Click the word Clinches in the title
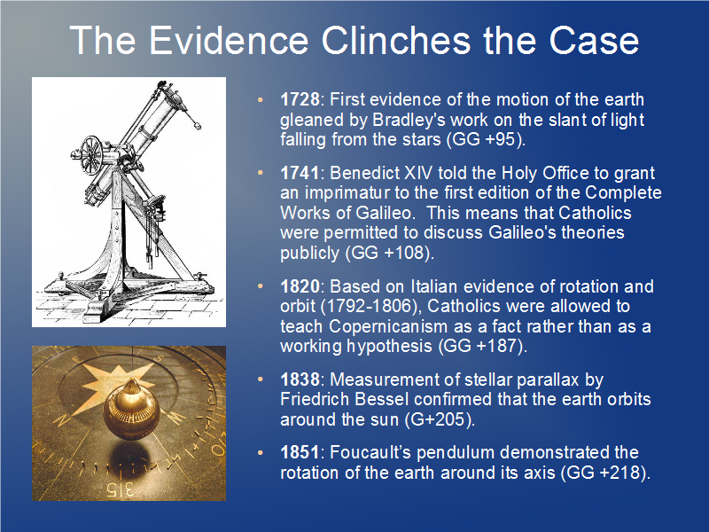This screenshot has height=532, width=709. coord(396,40)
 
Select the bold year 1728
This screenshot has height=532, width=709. coord(300,99)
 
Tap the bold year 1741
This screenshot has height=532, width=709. coord(300,173)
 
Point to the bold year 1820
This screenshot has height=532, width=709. coord(300,286)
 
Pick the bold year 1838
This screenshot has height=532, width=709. coord(300,379)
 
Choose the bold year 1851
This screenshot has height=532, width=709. coord(300,452)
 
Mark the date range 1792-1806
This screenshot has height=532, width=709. coord(370,306)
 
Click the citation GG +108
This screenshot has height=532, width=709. coord(388,253)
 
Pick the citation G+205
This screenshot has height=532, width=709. coord(438,419)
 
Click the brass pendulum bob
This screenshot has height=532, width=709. coord(131,411)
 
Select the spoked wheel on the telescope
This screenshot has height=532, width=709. coord(91,155)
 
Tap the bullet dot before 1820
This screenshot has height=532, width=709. coord(260,286)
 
